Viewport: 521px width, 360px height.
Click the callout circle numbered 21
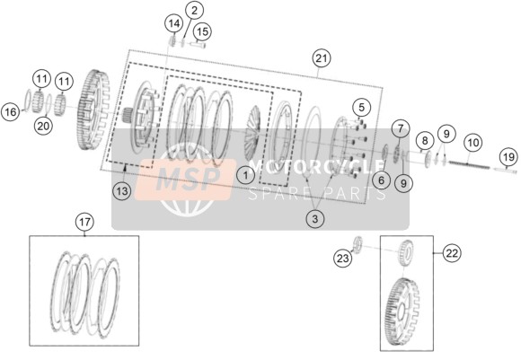pos(322,58)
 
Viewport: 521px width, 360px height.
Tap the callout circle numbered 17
pos(84,222)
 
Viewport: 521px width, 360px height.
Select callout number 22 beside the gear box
pos(452,253)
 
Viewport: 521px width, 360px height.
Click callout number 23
pos(342,258)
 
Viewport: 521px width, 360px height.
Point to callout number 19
pos(508,157)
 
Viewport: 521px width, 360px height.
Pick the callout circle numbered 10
pos(472,143)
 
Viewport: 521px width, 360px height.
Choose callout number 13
pos(122,191)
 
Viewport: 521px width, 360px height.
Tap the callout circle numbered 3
pos(314,218)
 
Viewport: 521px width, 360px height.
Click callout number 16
pos(11,111)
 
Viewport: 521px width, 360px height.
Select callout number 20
pos(43,126)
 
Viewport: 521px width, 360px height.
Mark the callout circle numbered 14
pos(174,23)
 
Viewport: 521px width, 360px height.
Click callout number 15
pos(202,31)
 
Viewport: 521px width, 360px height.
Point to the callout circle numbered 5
pos(361,107)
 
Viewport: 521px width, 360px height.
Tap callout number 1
pos(246,175)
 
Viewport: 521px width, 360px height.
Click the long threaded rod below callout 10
pos(469,164)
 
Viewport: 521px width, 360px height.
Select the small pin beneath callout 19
pos(505,171)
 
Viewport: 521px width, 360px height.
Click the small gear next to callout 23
pos(357,245)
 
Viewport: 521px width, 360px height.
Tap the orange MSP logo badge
pos(185,180)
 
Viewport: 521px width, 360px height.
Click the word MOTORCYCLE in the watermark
pos(316,167)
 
